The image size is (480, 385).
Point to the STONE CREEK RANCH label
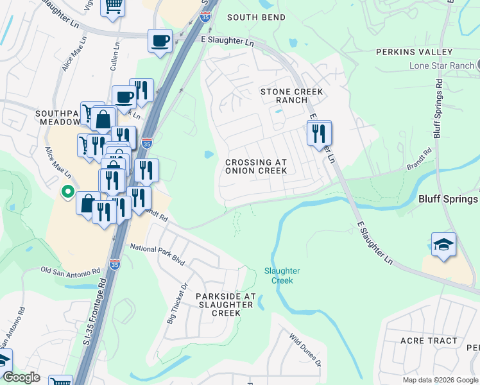pyautogui.click(x=291, y=96)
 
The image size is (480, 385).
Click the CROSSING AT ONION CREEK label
pyautogui.click(x=255, y=167)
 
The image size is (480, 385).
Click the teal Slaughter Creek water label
pyautogui.click(x=282, y=276)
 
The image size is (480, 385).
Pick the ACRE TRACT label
pyautogui.click(x=429, y=341)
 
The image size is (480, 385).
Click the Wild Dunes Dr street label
pyautogui.click(x=305, y=348)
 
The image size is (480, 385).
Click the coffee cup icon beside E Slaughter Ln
pyautogui.click(x=160, y=41)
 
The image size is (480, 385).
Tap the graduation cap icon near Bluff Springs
pyautogui.click(x=443, y=244)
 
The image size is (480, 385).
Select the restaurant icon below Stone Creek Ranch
pyautogui.click(x=318, y=133)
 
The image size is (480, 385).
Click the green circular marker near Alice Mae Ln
pyautogui.click(x=67, y=191)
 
